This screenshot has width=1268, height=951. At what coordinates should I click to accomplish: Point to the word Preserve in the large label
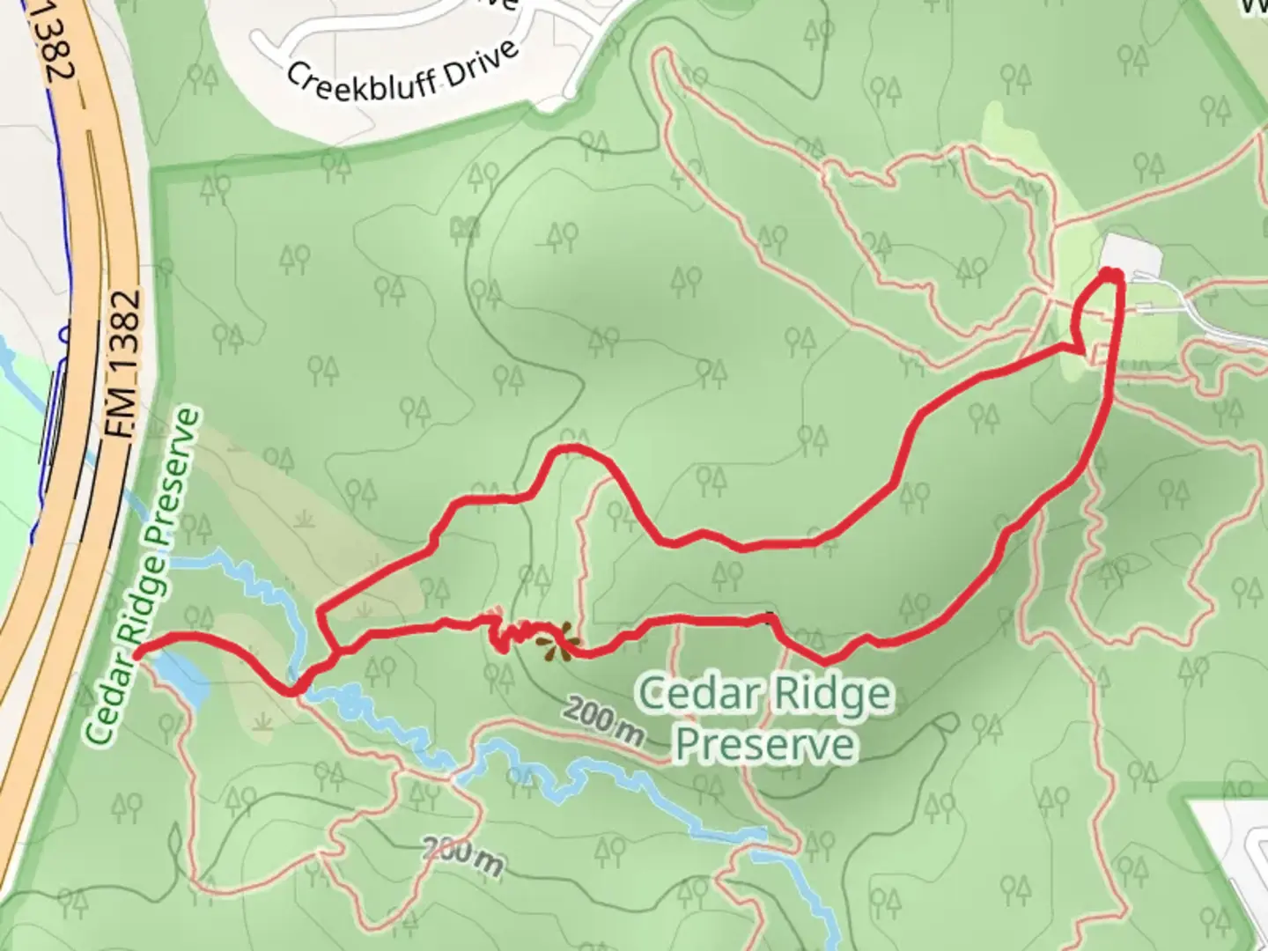(x=764, y=745)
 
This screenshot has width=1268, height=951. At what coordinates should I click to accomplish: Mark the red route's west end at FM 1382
(x=138, y=652)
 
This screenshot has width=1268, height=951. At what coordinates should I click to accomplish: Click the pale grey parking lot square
(x=1131, y=255)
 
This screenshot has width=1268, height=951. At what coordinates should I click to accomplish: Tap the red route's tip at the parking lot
(x=1112, y=276)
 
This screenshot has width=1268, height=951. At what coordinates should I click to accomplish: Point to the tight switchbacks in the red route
(x=511, y=634)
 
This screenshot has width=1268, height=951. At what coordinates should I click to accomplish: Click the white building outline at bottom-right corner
(x=1233, y=845)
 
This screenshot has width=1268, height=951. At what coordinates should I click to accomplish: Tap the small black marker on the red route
(x=772, y=618)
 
